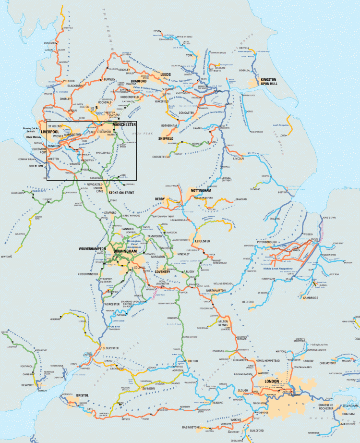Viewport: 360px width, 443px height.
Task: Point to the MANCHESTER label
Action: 124,124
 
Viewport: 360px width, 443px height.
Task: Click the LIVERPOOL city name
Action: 49,132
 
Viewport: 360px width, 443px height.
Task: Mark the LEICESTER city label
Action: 203,241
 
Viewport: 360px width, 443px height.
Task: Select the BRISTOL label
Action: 82,395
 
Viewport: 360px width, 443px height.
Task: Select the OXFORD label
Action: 193,360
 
